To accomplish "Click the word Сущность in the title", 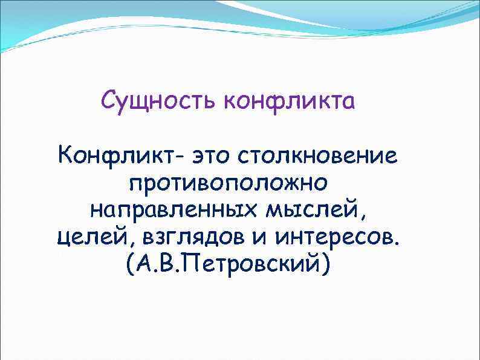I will coord(159,100).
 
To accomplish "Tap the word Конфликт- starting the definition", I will coord(117,156).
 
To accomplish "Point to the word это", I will coord(215,156).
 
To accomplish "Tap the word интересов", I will coord(336,238).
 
